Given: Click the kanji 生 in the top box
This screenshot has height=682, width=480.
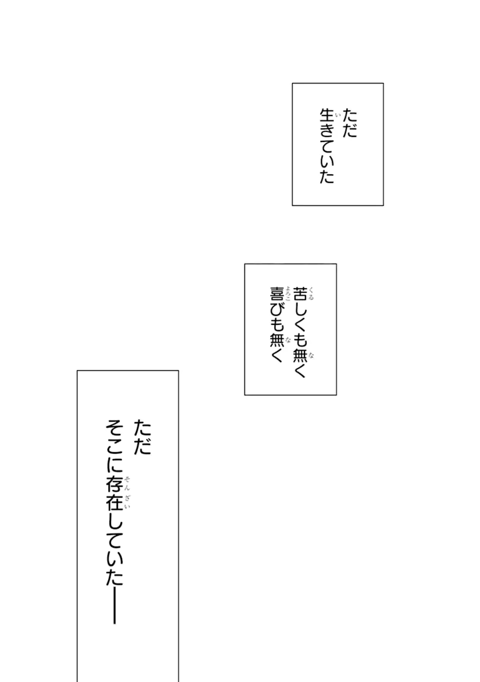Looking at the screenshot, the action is pyautogui.click(x=327, y=116).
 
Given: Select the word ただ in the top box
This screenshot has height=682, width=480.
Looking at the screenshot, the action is pyautogui.click(x=349, y=123).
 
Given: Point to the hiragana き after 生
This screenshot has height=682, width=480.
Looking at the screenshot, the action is pyautogui.click(x=327, y=131).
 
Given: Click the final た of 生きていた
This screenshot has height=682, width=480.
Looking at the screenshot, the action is pyautogui.click(x=327, y=176).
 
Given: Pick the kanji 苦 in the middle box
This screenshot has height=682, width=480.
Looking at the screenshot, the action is pyautogui.click(x=300, y=293).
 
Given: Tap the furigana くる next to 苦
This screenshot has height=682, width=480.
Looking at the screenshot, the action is pyautogui.click(x=311, y=293).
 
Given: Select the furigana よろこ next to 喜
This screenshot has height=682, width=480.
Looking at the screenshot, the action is pyautogui.click(x=287, y=293).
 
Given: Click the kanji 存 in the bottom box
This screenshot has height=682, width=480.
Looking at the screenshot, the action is pyautogui.click(x=114, y=485).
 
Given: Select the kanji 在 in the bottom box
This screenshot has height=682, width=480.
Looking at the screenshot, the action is pyautogui.click(x=114, y=502).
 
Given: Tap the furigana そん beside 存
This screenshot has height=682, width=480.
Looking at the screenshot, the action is pyautogui.click(x=127, y=484).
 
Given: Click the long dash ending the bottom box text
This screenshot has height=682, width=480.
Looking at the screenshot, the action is pyautogui.click(x=114, y=606).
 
